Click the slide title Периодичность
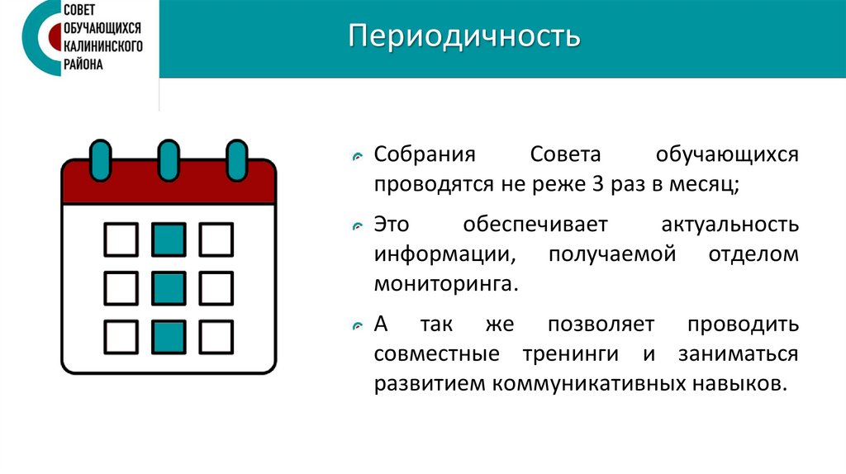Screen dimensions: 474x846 pos(464,38)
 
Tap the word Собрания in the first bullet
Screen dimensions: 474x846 pos(425,155)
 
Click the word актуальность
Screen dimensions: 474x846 pos(730,225)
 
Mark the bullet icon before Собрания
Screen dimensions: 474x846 pos(356,157)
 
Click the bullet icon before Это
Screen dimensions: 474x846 pos(356,226)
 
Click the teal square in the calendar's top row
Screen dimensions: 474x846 pos(169,239)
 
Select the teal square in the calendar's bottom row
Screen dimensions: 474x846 pos(169,337)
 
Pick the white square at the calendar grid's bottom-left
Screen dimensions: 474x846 pos(121,337)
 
